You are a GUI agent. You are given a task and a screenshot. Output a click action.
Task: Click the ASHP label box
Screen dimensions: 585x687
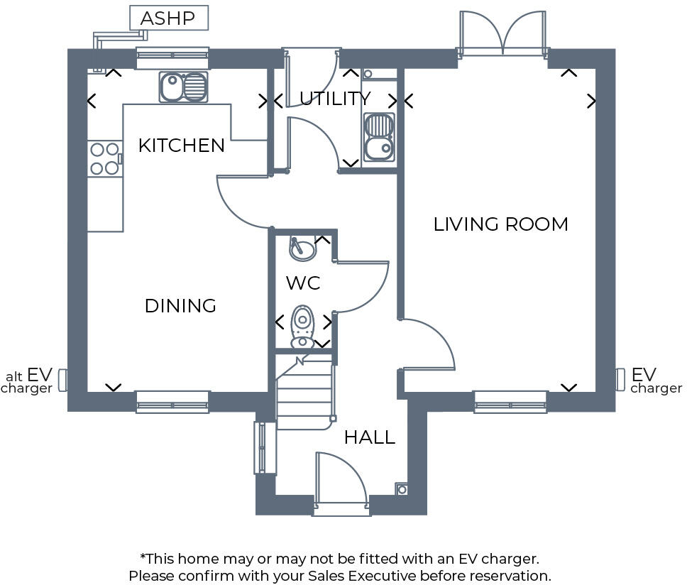168,18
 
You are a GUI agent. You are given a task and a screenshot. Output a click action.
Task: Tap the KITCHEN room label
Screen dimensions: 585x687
181,146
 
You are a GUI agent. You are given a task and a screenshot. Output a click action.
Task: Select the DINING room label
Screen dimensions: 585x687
180,306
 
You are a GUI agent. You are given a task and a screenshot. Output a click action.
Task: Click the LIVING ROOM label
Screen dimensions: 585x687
500,224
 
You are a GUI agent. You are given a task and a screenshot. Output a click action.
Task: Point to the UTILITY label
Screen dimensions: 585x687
334,99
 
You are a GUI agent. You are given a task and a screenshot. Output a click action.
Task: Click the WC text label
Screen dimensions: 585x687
303,283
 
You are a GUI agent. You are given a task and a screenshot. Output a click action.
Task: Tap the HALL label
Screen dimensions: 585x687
369,437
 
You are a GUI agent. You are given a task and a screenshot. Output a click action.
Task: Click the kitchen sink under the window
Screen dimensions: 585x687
183,87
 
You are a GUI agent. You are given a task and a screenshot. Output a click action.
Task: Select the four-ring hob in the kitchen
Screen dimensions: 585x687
104,159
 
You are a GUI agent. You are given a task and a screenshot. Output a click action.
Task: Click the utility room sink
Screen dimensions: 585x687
378,137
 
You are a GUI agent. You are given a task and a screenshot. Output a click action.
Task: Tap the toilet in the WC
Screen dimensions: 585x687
303,325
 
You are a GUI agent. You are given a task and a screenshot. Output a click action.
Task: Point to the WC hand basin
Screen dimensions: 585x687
303,248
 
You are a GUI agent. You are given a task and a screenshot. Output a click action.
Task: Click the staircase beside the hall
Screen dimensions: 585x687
304,395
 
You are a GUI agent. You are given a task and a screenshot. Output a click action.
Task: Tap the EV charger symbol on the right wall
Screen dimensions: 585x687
620,379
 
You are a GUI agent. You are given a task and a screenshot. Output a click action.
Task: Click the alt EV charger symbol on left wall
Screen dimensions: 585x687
62,380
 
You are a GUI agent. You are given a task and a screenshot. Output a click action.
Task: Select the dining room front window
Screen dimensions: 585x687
172,402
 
